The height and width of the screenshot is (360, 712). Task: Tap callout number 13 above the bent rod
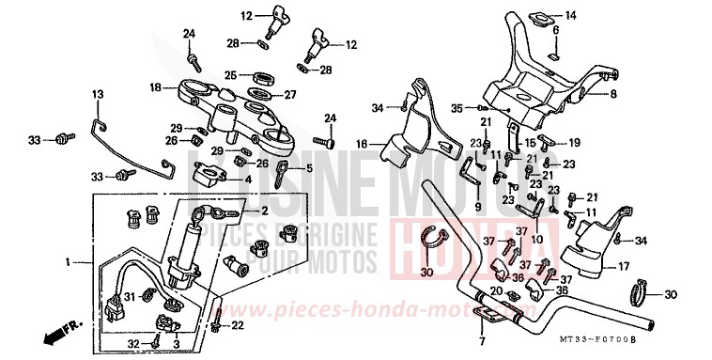(97, 95)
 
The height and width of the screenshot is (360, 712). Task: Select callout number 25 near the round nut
(230, 75)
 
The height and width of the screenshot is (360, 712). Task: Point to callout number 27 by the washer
(290, 94)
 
